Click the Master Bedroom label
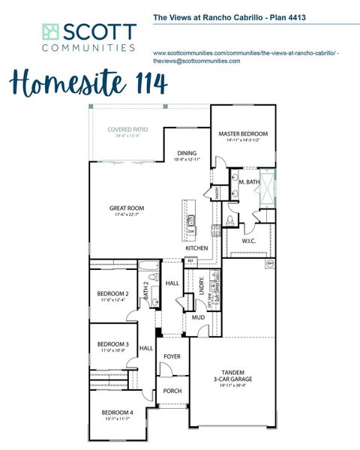click(x=243, y=134)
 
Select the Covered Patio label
click(x=127, y=129)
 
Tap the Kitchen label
click(x=196, y=248)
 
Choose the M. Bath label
click(x=250, y=181)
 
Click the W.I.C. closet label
click(x=249, y=241)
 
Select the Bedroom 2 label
click(x=112, y=293)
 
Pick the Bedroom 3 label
click(x=113, y=344)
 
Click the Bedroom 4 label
click(x=117, y=412)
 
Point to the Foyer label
click(x=172, y=357)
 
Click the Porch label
click(x=172, y=391)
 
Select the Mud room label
click(x=198, y=317)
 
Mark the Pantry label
click(x=216, y=193)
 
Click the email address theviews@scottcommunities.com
click(x=196, y=61)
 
